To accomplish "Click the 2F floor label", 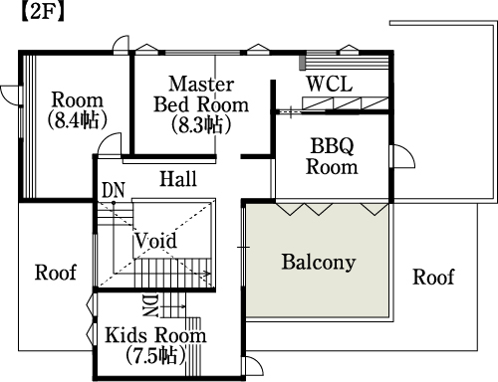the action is [x=42, y=13].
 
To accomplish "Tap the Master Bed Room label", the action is [x=201, y=95].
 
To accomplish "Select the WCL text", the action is [x=330, y=84].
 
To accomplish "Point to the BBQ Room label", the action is [x=332, y=156].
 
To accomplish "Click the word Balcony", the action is [x=319, y=262].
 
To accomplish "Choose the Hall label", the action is [x=178, y=179].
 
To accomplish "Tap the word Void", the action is [x=155, y=241].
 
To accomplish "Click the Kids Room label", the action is [x=155, y=335].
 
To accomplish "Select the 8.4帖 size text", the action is [x=77, y=120].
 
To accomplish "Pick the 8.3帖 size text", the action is [x=201, y=124].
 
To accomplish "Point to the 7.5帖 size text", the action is [x=155, y=355].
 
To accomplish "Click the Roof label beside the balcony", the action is [x=433, y=277].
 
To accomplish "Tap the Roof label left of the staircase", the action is [x=56, y=273].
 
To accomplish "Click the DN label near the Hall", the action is [x=114, y=190].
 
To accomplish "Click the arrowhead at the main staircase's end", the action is [x=208, y=274].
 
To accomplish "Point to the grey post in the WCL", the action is [x=302, y=63].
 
